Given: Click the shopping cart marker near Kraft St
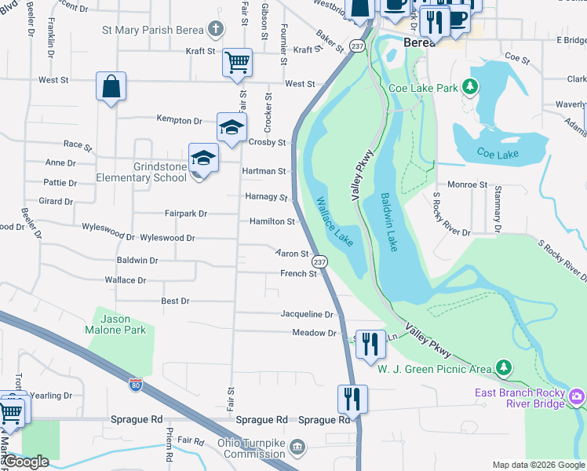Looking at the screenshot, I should (x=237, y=62).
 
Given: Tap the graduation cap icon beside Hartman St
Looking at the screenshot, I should (x=202, y=159).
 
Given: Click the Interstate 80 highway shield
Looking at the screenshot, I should (x=135, y=384).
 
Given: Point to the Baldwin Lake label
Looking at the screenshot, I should (x=390, y=222).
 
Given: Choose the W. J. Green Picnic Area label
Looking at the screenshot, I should (x=434, y=368).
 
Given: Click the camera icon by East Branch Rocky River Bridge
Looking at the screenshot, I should (x=578, y=397).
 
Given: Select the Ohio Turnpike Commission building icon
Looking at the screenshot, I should (x=297, y=447).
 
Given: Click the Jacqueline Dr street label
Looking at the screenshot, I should (x=308, y=314).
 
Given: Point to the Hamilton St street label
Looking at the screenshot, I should (x=272, y=222).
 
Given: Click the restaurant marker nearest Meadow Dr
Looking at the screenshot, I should (x=370, y=344).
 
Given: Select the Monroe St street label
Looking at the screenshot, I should (x=468, y=185).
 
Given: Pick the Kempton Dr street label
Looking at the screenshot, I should (x=180, y=121).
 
